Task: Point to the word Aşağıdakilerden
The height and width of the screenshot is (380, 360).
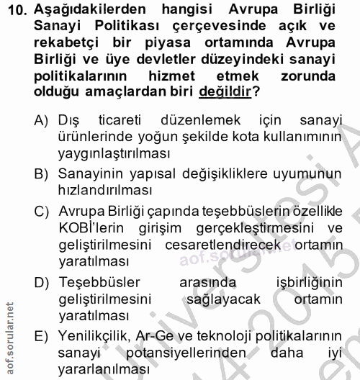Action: (x=84, y=9)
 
